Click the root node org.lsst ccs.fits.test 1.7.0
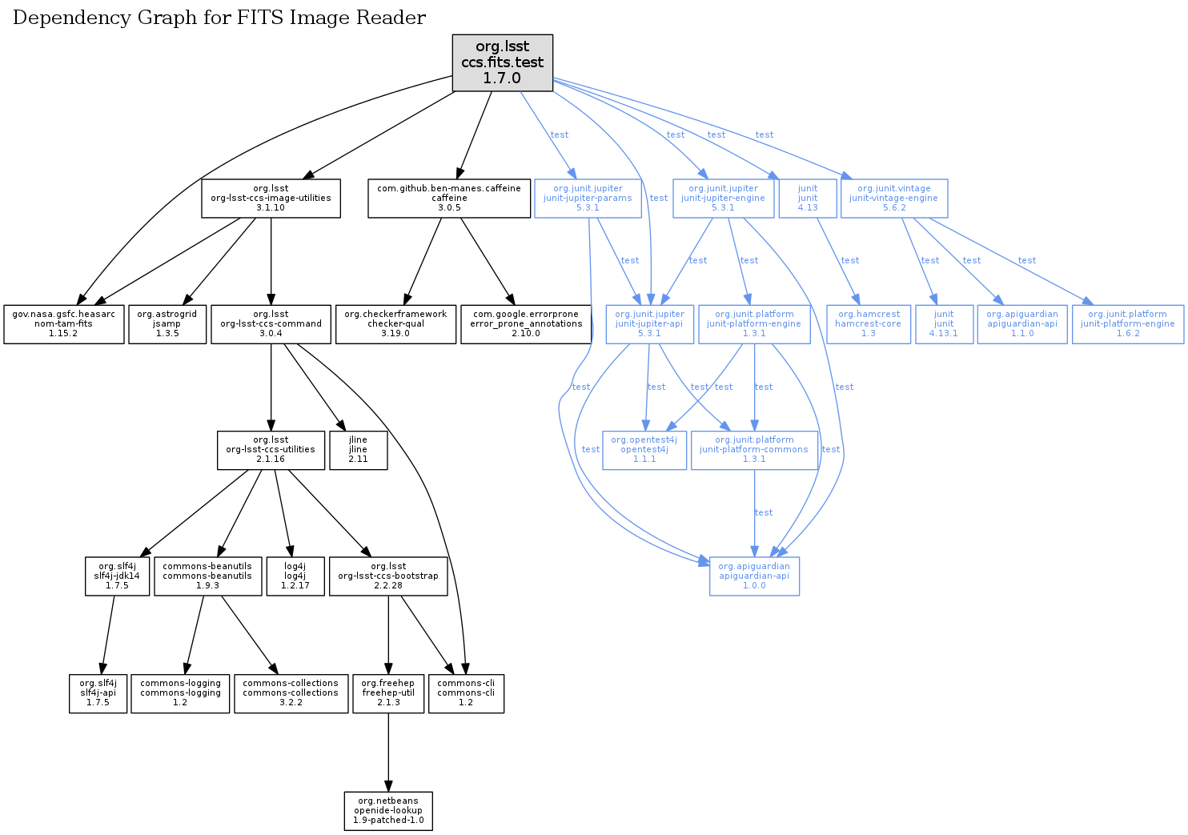pyautogui.click(x=502, y=62)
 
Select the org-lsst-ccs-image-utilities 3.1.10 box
pyautogui.click(x=271, y=198)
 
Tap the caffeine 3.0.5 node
pyautogui.click(x=449, y=198)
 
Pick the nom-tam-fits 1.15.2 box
pyautogui.click(x=63, y=323)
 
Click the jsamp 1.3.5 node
pyautogui.click(x=167, y=323)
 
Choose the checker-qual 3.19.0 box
pyautogui.click(x=395, y=323)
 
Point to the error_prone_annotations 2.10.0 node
pyautogui.click(x=526, y=323)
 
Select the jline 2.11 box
pyautogui.click(x=358, y=449)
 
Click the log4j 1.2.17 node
pyautogui.click(x=295, y=576)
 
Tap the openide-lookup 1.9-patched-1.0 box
pyautogui.click(x=388, y=810)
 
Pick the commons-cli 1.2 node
pyautogui.click(x=466, y=692)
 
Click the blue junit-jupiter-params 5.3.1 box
pyautogui.click(x=588, y=198)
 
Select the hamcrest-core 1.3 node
pyautogui.click(x=868, y=323)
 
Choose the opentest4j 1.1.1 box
pyautogui.click(x=644, y=449)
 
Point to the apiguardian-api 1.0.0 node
pyautogui.click(x=754, y=576)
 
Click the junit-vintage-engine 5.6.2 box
pyautogui.click(x=893, y=198)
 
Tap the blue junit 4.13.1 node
pyautogui.click(x=944, y=323)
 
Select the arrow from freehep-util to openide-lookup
pyautogui.click(x=388, y=753)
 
